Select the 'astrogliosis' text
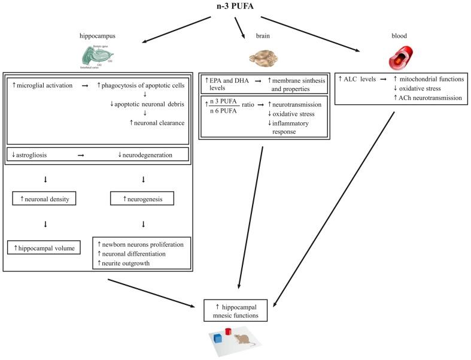click(x=34, y=155)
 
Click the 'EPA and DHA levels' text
click(x=226, y=83)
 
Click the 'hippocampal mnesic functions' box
click(x=235, y=309)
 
